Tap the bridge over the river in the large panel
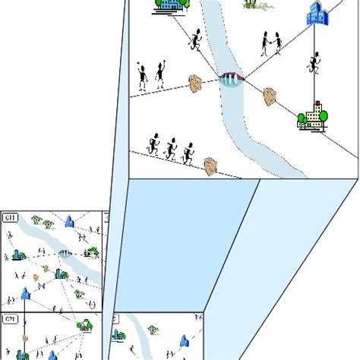pos(230,78)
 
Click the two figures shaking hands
pos(271,43)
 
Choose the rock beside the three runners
pos(211,165)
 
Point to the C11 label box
pos(10,219)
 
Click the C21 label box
pos(10,319)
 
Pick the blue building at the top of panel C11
pos(71,221)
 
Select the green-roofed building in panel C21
pos(86,325)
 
